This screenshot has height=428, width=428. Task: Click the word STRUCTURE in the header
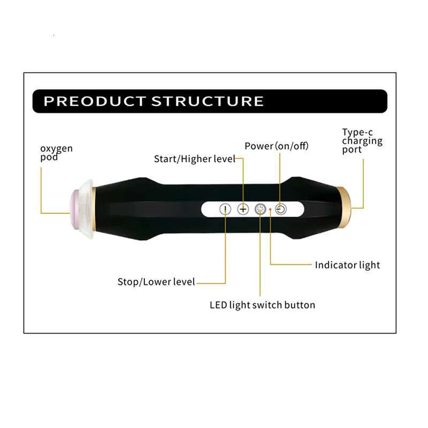(x=208, y=101)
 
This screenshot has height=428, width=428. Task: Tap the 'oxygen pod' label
(x=56, y=152)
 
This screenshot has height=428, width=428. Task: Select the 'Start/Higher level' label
(x=195, y=159)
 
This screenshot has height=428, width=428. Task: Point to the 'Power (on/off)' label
(x=277, y=146)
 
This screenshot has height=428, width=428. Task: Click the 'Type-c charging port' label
(x=362, y=141)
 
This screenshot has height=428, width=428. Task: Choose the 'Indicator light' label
(x=347, y=265)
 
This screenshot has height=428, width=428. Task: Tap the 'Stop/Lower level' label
(x=156, y=282)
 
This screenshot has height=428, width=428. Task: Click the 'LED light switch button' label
(x=262, y=305)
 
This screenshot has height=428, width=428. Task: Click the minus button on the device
(x=226, y=209)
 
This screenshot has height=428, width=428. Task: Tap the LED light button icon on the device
(x=261, y=209)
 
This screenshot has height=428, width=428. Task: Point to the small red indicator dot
(x=271, y=210)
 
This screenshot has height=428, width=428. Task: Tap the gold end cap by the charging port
(x=345, y=208)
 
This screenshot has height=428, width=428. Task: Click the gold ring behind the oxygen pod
(x=94, y=209)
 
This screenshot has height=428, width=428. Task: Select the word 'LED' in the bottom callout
(x=218, y=305)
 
